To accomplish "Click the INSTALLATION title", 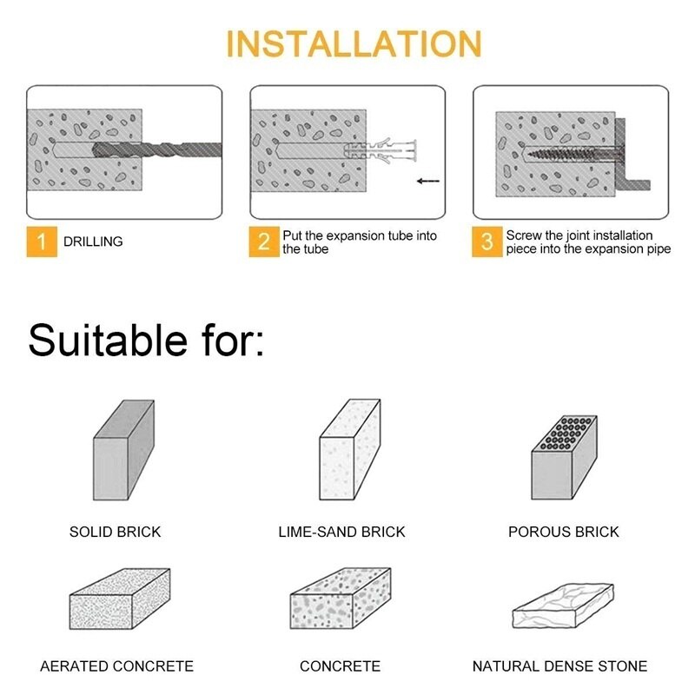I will click(x=354, y=43).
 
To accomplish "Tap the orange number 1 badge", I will click(x=40, y=242).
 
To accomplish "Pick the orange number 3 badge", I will click(x=487, y=242).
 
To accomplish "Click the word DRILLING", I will click(x=93, y=242).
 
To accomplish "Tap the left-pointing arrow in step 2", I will click(x=428, y=182).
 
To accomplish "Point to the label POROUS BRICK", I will click(x=563, y=532).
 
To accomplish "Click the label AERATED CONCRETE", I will click(x=116, y=666).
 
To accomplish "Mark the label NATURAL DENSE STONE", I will click(x=559, y=666).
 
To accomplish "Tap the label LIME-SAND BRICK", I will click(x=341, y=532).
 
